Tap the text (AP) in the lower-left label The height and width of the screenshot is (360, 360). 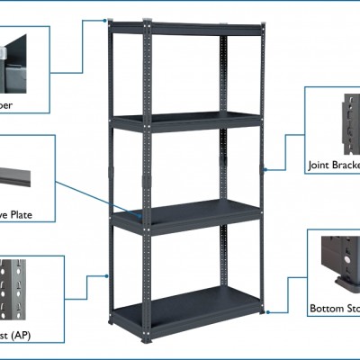tap(26, 335)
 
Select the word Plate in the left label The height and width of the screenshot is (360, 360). tap(19, 215)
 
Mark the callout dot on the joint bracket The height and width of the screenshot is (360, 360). tap(265, 168)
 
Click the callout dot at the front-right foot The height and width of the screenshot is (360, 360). tap(267, 312)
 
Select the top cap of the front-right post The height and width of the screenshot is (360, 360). tap(263, 28)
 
